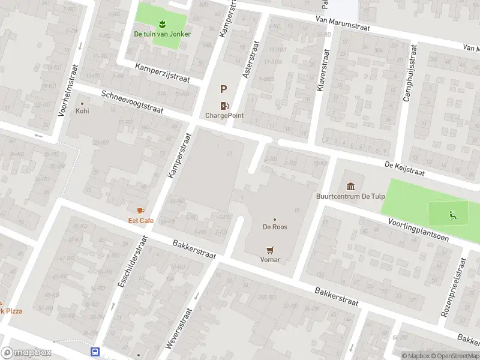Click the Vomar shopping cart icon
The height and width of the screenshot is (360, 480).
(x=270, y=250)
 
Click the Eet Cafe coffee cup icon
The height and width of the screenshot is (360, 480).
(x=140, y=211)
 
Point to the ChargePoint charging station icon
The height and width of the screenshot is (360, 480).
(x=224, y=106)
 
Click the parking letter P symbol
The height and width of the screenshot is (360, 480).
(x=223, y=89)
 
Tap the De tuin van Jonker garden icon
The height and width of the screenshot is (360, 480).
(x=162, y=24)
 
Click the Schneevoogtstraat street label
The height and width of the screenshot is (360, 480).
(x=132, y=103)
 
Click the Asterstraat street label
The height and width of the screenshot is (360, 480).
(x=248, y=60)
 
